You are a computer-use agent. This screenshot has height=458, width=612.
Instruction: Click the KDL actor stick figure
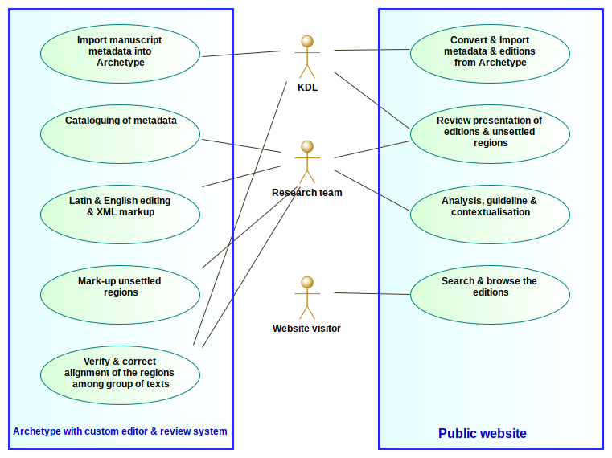(x=306, y=55)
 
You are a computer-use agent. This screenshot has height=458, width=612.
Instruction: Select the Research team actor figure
(x=306, y=161)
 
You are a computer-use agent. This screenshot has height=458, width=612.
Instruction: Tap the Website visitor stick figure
(x=306, y=296)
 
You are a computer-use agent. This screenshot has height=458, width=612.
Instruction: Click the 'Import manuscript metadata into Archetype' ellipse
(x=120, y=52)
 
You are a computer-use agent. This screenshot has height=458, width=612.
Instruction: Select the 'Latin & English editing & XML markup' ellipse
(x=120, y=214)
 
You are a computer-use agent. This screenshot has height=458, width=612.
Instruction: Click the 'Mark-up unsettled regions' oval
(x=120, y=294)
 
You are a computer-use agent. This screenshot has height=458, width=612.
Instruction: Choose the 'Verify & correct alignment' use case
(x=120, y=374)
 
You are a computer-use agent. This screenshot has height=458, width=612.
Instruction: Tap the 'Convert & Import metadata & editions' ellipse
(x=490, y=53)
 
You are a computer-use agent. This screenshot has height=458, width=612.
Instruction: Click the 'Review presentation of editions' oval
(x=490, y=133)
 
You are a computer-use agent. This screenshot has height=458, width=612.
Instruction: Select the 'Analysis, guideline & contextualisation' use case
(x=490, y=214)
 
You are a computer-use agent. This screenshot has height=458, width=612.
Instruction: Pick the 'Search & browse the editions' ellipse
(x=490, y=294)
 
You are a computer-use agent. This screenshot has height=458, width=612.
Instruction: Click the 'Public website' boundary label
(x=483, y=434)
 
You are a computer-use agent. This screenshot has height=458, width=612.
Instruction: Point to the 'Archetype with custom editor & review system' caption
(x=120, y=431)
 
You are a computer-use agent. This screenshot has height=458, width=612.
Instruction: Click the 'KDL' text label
(x=307, y=88)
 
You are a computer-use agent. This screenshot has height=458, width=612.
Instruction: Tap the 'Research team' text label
(x=306, y=193)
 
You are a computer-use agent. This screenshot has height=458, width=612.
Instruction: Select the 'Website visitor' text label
(x=306, y=329)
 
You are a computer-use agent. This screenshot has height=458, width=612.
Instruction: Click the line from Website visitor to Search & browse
(x=372, y=293)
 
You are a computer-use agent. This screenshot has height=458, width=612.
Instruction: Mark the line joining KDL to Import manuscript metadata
(x=241, y=54)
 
